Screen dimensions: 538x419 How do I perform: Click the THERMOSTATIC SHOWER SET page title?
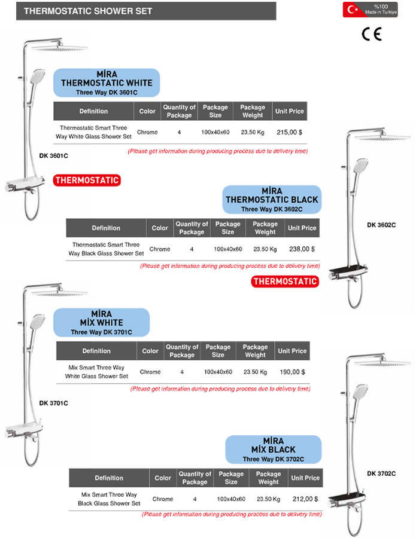88,11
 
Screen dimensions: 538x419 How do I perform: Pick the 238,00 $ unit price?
302,249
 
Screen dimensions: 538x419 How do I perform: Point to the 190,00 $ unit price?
292,372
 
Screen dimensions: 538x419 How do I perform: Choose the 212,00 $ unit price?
305,499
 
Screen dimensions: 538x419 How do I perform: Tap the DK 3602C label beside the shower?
381,225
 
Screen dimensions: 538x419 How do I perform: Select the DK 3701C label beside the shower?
54,403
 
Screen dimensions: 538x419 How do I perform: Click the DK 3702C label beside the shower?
381,473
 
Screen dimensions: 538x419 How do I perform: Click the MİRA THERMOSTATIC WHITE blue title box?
107,83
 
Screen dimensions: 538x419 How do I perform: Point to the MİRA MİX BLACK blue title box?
274,450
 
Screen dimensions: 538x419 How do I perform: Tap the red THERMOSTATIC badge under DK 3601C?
87,180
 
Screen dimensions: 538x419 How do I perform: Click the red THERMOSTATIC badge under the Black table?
285,281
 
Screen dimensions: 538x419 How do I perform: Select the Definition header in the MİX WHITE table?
96,351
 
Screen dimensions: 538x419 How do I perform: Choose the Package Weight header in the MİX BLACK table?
268,478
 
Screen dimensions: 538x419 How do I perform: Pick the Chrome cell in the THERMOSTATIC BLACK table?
160,249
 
